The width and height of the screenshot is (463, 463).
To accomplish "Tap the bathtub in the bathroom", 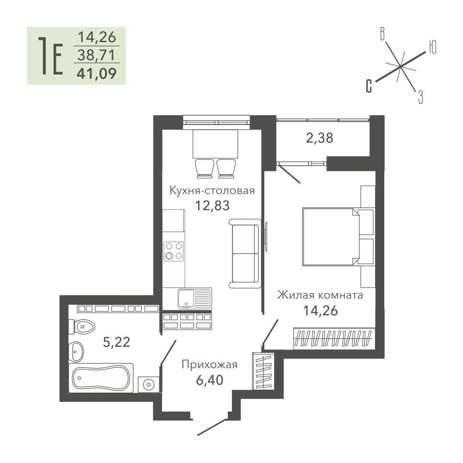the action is pos(101,378).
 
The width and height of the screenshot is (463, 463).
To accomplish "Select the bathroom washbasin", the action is pos(76,351).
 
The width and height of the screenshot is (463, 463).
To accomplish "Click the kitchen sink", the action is pos(194,299).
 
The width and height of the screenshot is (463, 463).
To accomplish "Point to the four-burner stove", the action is pos(174,251).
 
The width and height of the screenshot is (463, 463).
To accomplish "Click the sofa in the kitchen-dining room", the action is pos(245,253).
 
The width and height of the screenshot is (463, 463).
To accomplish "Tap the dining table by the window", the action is pos(215,144).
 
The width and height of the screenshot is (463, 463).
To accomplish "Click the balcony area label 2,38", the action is pos(319,138).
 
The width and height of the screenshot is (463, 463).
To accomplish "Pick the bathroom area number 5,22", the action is pos(117,342).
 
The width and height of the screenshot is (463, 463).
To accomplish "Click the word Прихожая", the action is pos(209,365).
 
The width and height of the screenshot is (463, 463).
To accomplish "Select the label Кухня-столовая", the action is pos(212,190).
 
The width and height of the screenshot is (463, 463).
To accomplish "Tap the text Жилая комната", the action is pos(320,295).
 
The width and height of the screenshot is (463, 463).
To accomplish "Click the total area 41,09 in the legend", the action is pos(97,74).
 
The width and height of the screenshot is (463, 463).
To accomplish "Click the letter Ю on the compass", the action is pos(432,47).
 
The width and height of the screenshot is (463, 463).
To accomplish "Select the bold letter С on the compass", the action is pos(369,86).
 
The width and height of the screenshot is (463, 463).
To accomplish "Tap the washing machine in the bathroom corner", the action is pos(149,384).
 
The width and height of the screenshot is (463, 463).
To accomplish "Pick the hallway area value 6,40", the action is pos(209,380).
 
